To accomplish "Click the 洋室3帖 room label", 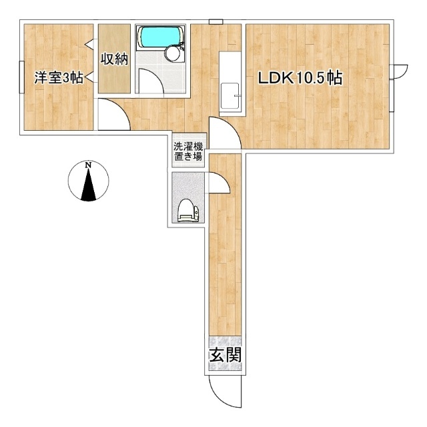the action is pos(59,78).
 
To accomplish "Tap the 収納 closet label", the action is pos(114,59).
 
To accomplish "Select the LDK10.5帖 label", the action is pos(300,78).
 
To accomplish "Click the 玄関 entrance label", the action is pos(226,355).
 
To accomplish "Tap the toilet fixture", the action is pos(188,211).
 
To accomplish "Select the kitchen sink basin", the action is pos(230,96).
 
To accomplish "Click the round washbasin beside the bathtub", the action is pos(173,53).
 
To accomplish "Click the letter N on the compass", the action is pos(88,165).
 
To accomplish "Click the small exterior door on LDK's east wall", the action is pos(399,71).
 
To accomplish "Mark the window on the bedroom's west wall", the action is pos(22,77).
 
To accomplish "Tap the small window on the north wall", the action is pos(216,22).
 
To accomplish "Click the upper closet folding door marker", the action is pos(90,43).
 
